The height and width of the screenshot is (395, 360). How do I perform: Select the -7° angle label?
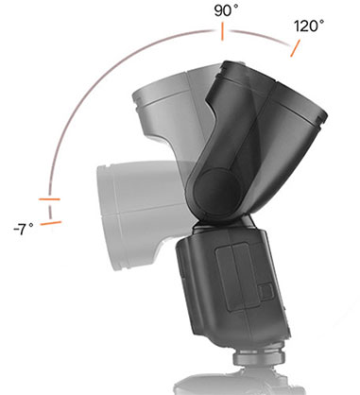click(x=22, y=229)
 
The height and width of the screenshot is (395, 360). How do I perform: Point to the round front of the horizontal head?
click(x=106, y=198)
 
